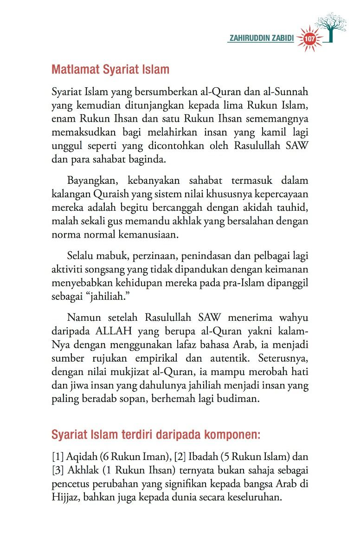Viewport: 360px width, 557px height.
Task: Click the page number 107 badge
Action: [x=309, y=39]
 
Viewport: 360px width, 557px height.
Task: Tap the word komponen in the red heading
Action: [x=229, y=436]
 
